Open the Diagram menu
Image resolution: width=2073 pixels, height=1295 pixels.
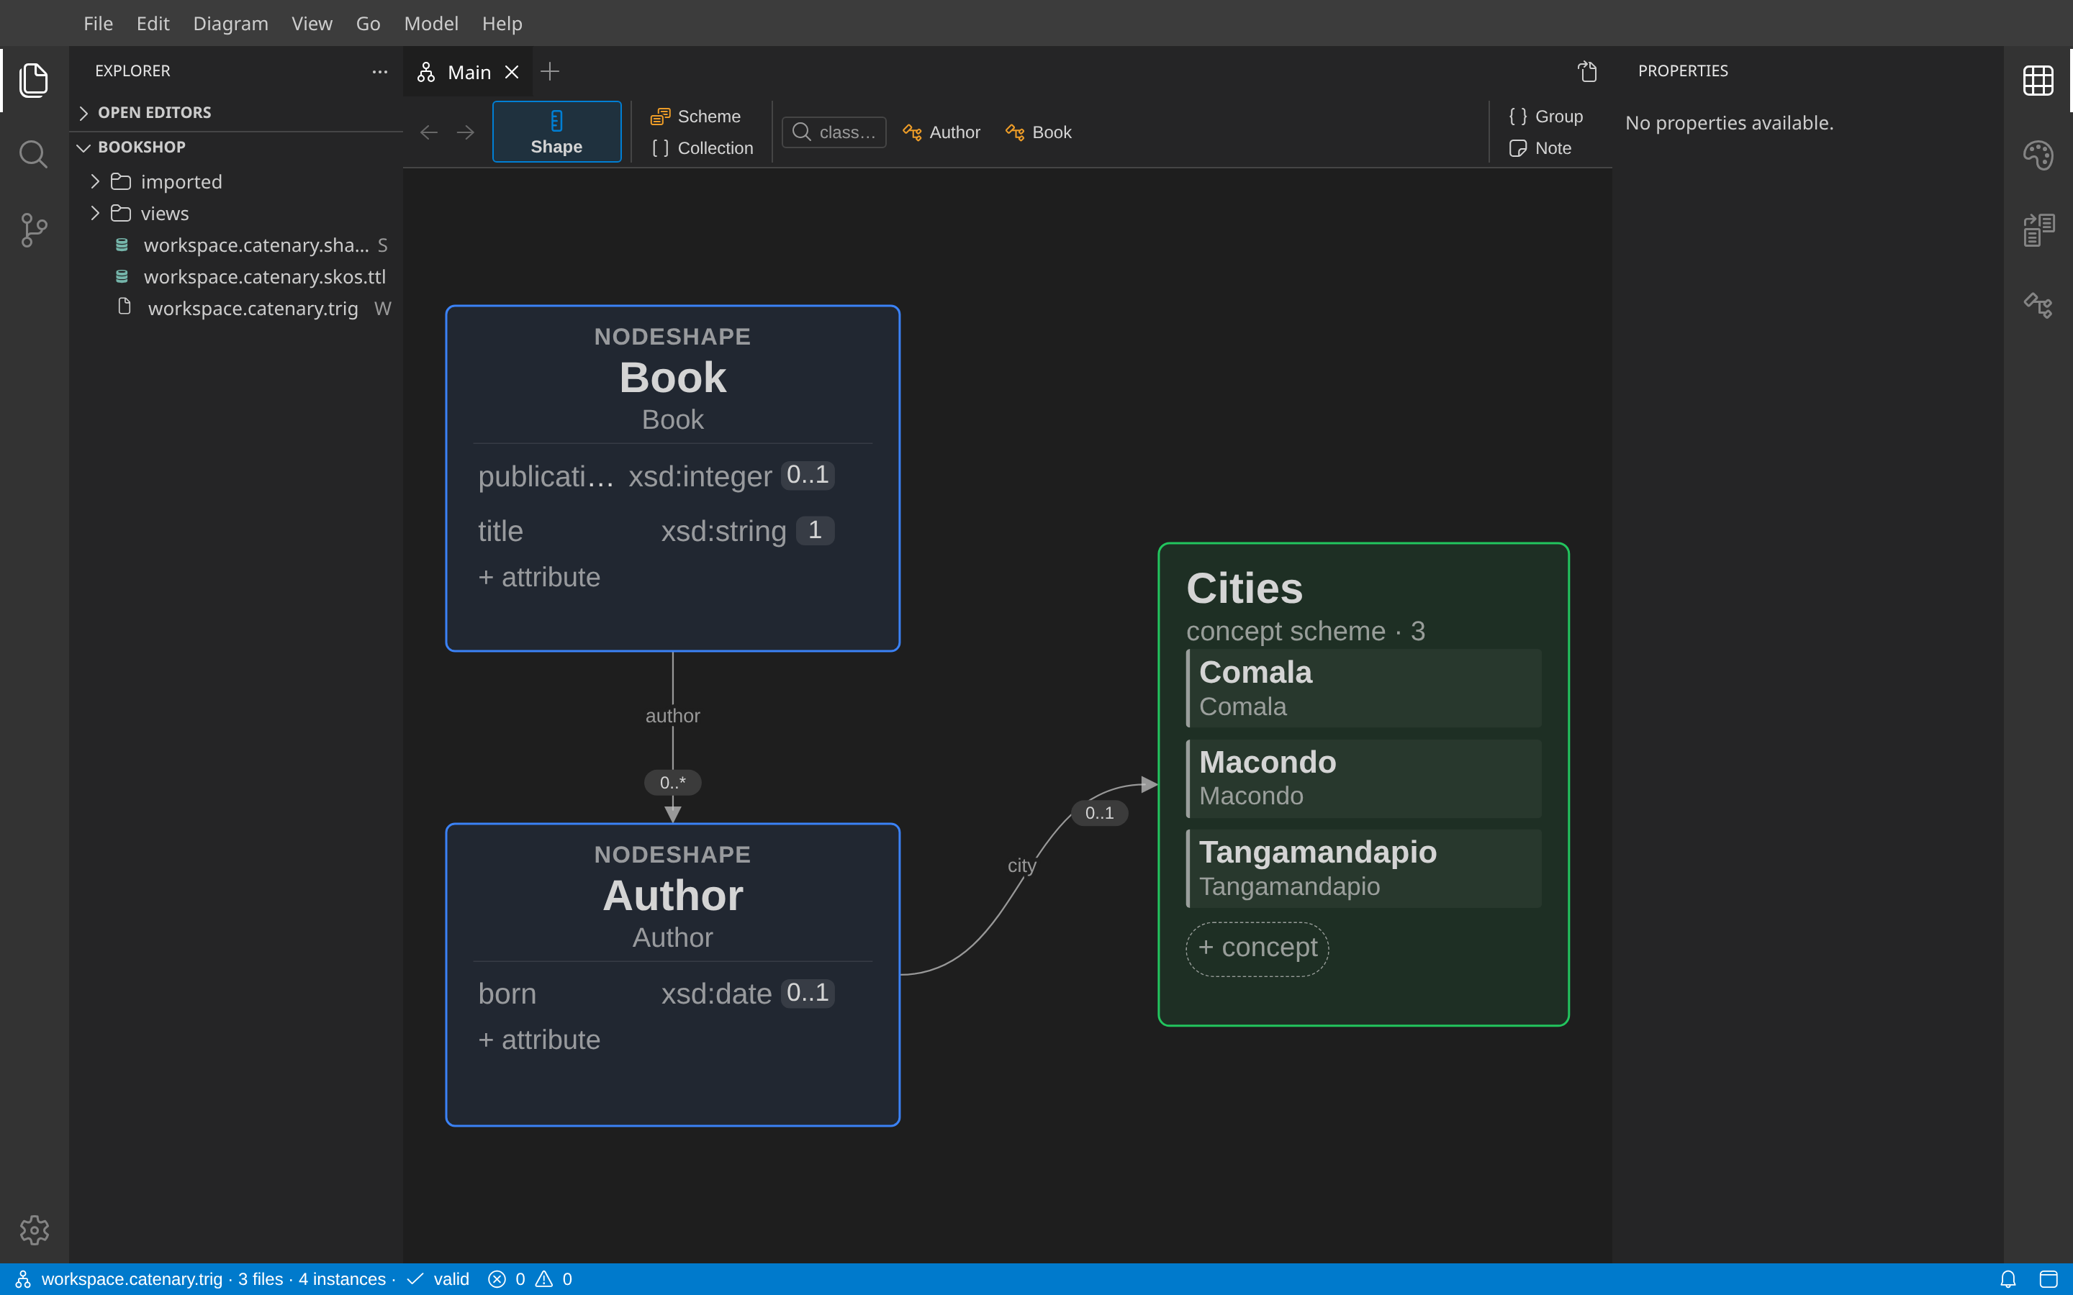coord(230,23)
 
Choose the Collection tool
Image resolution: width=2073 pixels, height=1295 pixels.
coord(703,148)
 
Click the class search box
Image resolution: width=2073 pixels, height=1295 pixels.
coord(834,132)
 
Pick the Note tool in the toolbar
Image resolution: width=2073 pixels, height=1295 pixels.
coord(1540,148)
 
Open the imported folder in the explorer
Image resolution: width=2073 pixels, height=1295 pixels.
coord(181,181)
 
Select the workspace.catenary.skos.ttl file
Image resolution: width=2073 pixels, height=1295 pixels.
coord(265,277)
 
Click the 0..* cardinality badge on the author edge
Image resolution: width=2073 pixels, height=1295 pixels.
coord(672,782)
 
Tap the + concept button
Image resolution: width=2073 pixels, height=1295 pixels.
coord(1257,948)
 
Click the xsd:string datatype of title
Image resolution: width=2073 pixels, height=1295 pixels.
coord(724,531)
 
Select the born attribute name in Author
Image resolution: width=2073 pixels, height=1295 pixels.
coord(507,994)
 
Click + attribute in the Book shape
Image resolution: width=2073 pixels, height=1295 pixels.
coord(539,577)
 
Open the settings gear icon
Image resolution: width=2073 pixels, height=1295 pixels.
coord(35,1230)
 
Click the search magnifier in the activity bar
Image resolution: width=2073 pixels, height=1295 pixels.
coord(33,154)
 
